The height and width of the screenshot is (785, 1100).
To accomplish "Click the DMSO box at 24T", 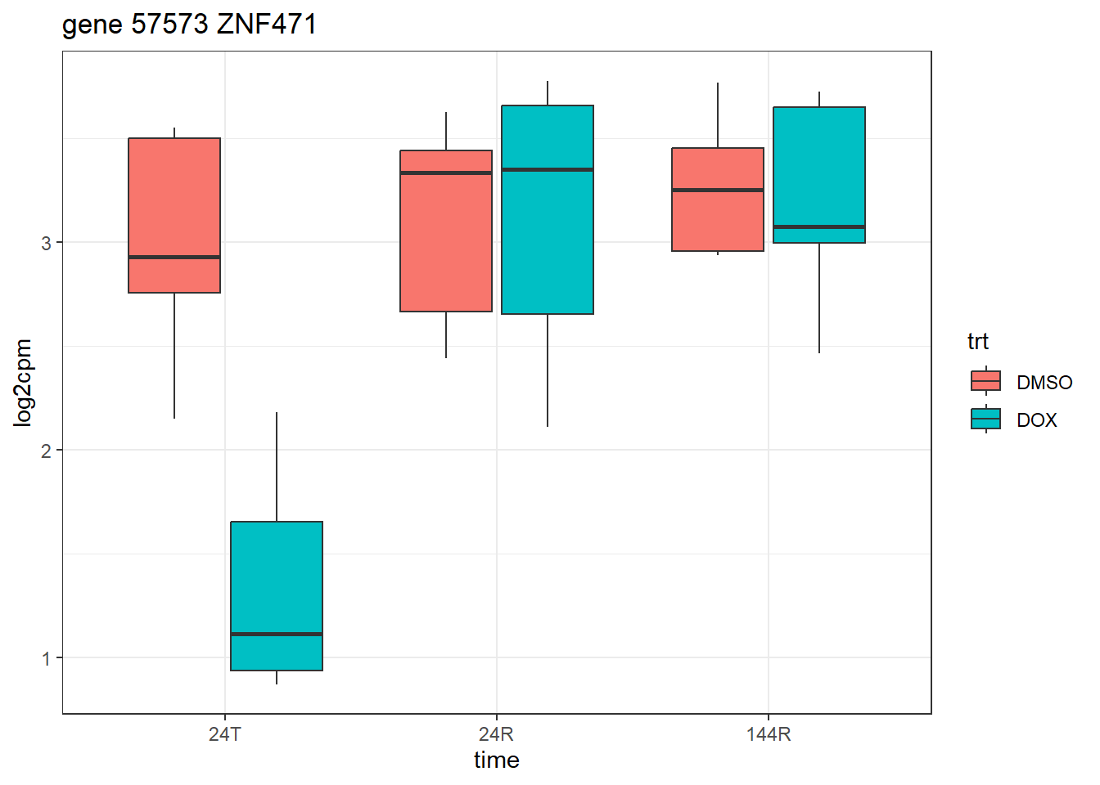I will tap(174, 204).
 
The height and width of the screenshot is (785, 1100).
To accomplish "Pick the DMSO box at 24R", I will tap(446, 237).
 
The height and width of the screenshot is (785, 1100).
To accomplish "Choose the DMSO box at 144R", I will tap(718, 221).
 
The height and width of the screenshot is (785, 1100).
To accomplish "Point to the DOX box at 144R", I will tap(819, 164).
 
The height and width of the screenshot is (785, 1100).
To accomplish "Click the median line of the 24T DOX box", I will tap(277, 634).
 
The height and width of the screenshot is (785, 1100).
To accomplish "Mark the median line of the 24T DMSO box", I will tap(174, 257).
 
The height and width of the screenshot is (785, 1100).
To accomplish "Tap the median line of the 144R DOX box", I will tap(819, 227).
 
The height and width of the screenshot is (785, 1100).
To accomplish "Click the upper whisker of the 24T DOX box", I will tap(277, 466).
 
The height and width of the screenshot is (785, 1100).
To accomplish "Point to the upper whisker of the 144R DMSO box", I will tap(718, 115).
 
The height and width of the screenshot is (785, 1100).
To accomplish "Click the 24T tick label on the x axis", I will tap(225, 734).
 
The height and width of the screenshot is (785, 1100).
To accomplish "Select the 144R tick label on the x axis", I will tap(769, 734).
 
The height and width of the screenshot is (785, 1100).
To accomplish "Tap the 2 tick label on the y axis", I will tap(47, 451).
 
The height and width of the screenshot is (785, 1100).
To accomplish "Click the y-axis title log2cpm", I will tap(23, 383).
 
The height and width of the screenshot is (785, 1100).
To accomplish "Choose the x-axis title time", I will tap(497, 760).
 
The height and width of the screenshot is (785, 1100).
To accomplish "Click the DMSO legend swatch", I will tap(985, 381).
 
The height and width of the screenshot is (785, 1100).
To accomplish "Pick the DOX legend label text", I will tap(1037, 420).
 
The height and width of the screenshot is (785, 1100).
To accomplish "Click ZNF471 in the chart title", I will tap(267, 25).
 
